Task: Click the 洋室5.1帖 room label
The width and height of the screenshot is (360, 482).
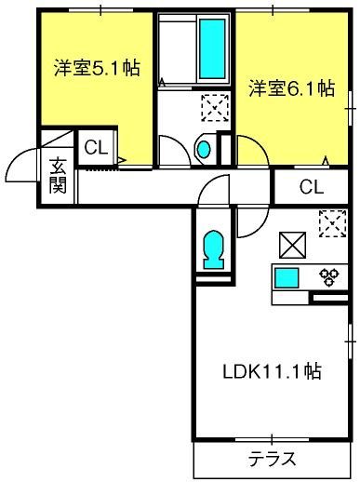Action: [x=97, y=68]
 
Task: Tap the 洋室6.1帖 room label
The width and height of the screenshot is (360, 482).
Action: [x=292, y=88]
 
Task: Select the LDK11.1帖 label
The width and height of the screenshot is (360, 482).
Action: [x=272, y=371]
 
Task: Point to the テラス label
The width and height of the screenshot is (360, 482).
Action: [x=273, y=459]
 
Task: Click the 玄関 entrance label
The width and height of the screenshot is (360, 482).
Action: [x=58, y=176]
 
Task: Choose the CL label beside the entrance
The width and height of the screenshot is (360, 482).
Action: [x=96, y=148]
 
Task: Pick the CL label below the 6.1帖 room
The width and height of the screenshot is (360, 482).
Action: [x=312, y=187]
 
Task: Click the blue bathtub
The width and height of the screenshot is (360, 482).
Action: [x=212, y=48]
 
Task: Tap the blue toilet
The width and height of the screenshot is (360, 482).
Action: [x=214, y=249]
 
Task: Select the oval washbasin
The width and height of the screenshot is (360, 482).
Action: [x=204, y=149]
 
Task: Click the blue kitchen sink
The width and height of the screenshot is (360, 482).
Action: [x=287, y=278]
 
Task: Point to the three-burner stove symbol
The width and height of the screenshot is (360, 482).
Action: [x=329, y=277]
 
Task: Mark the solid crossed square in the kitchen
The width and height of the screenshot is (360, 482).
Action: [x=292, y=245]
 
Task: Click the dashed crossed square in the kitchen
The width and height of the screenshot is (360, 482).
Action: [x=332, y=223]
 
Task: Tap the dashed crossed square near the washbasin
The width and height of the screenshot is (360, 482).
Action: [x=215, y=108]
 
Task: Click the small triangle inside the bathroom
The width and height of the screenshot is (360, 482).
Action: [x=162, y=82]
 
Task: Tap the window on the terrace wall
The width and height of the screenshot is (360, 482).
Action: [x=272, y=439]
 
